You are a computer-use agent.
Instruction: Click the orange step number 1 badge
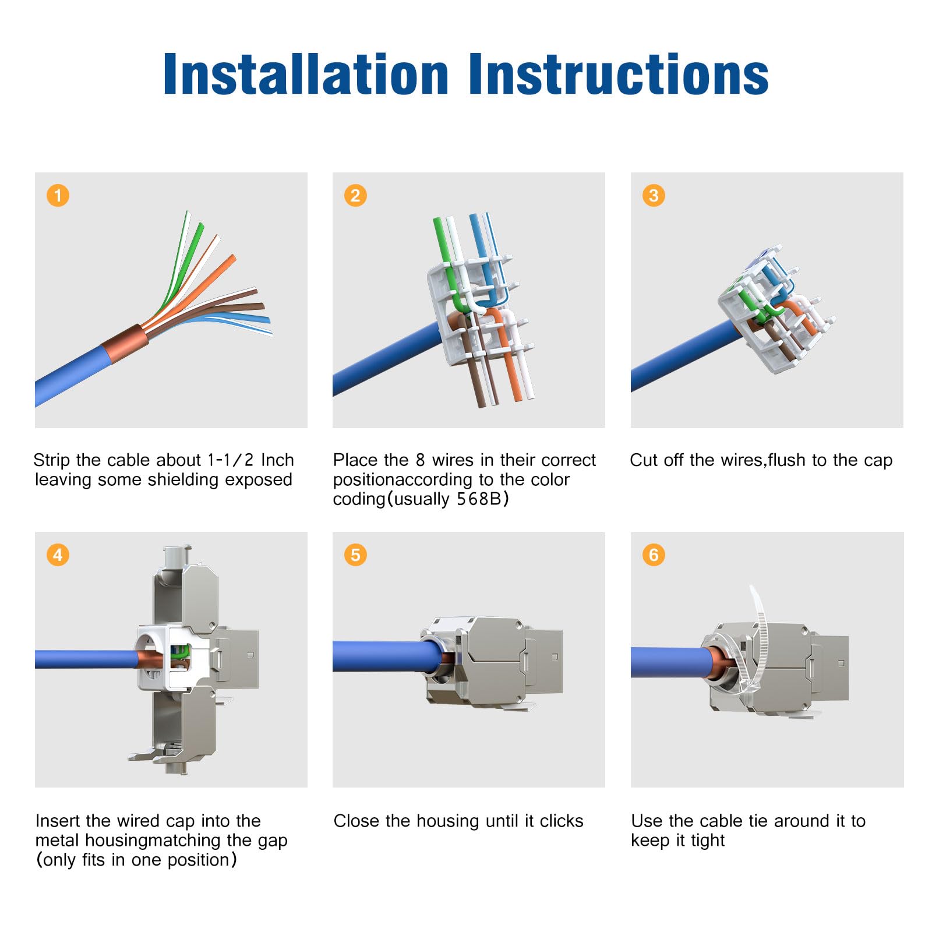[58, 195]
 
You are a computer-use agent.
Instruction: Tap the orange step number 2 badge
[355, 195]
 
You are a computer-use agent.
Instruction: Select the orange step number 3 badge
[654, 195]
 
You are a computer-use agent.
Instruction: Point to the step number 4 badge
[58, 555]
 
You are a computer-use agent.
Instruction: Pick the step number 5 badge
[355, 555]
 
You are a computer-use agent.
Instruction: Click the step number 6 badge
[654, 555]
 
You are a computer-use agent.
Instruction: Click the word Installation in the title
[305, 74]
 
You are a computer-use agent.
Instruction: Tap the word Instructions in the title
[618, 74]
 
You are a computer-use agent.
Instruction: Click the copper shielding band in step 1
[124, 344]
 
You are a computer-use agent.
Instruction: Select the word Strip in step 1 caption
[51, 461]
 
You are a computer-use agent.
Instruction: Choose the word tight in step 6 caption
[707, 841]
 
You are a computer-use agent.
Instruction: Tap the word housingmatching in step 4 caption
[129, 841]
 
